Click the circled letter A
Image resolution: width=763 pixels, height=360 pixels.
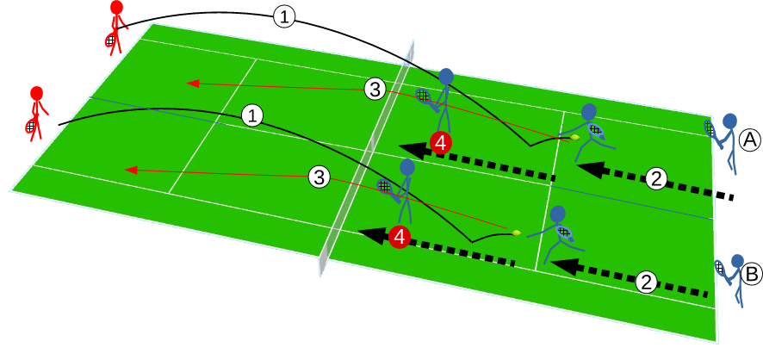(750, 139)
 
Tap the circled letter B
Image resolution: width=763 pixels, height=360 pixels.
(751, 275)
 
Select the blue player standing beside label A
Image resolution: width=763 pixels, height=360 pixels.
(729, 141)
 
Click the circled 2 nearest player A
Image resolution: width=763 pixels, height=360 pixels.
(656, 179)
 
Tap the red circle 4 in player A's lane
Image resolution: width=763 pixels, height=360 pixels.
(440, 144)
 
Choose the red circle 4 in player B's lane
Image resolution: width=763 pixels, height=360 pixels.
(399, 237)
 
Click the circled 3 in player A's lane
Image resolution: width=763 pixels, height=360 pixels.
(374, 88)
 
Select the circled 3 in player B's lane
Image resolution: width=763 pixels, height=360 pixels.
(319, 178)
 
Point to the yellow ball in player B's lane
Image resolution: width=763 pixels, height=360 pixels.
(517, 232)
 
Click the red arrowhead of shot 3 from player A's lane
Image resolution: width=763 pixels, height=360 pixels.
(194, 84)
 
